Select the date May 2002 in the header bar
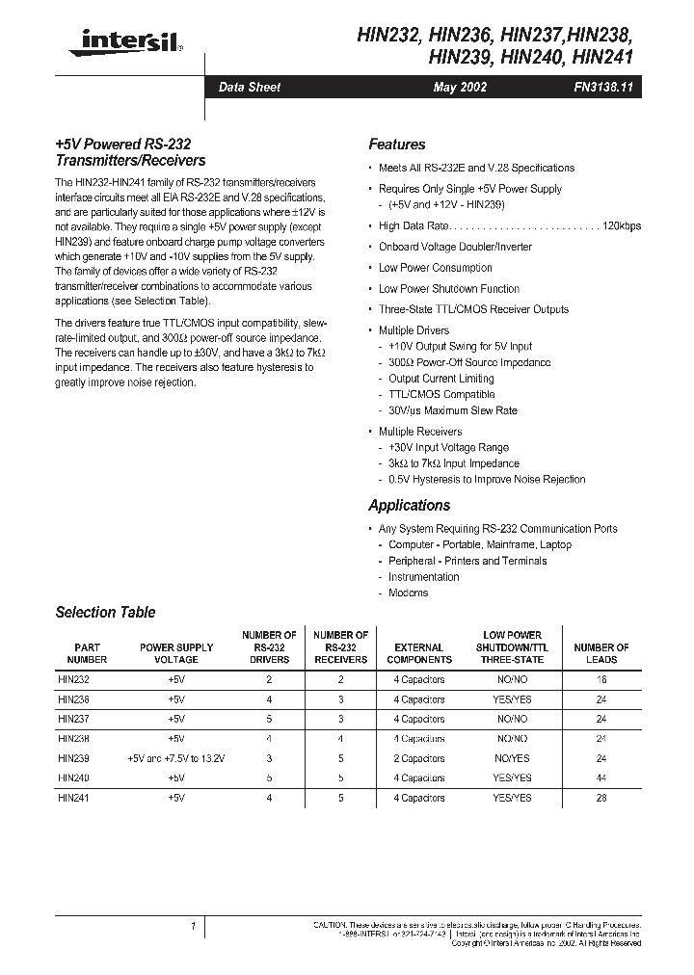460,87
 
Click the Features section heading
396,145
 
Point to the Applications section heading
409,506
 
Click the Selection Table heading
105,613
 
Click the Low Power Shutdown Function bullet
448,289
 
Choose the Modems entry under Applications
408,593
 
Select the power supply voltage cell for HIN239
175,758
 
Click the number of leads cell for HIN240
601,777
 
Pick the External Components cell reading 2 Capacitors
418,758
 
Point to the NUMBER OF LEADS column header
601,653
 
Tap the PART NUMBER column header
87,653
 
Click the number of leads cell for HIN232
601,679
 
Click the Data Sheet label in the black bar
250,87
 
